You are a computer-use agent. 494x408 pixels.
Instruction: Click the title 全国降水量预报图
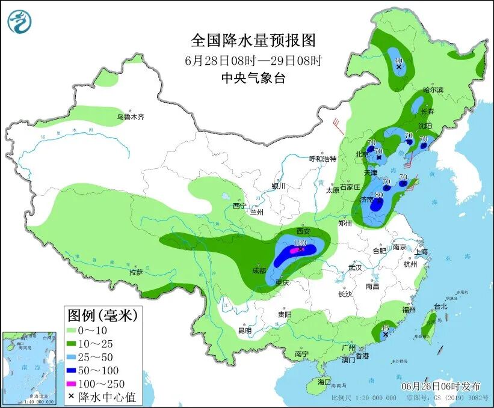[x=253, y=40]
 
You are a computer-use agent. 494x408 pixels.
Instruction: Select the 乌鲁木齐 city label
[x=130, y=117]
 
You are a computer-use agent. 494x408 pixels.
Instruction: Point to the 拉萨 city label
[x=137, y=272]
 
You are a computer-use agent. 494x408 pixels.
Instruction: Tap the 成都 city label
[x=259, y=271]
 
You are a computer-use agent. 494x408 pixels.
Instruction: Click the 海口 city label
[x=324, y=382]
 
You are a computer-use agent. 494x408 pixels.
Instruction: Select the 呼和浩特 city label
[x=323, y=159]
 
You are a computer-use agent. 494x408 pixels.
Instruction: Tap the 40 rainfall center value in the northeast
[x=398, y=61]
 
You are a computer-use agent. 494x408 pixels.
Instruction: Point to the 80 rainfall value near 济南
[x=378, y=195]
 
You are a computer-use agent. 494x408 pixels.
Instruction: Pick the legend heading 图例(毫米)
[x=102, y=314]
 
